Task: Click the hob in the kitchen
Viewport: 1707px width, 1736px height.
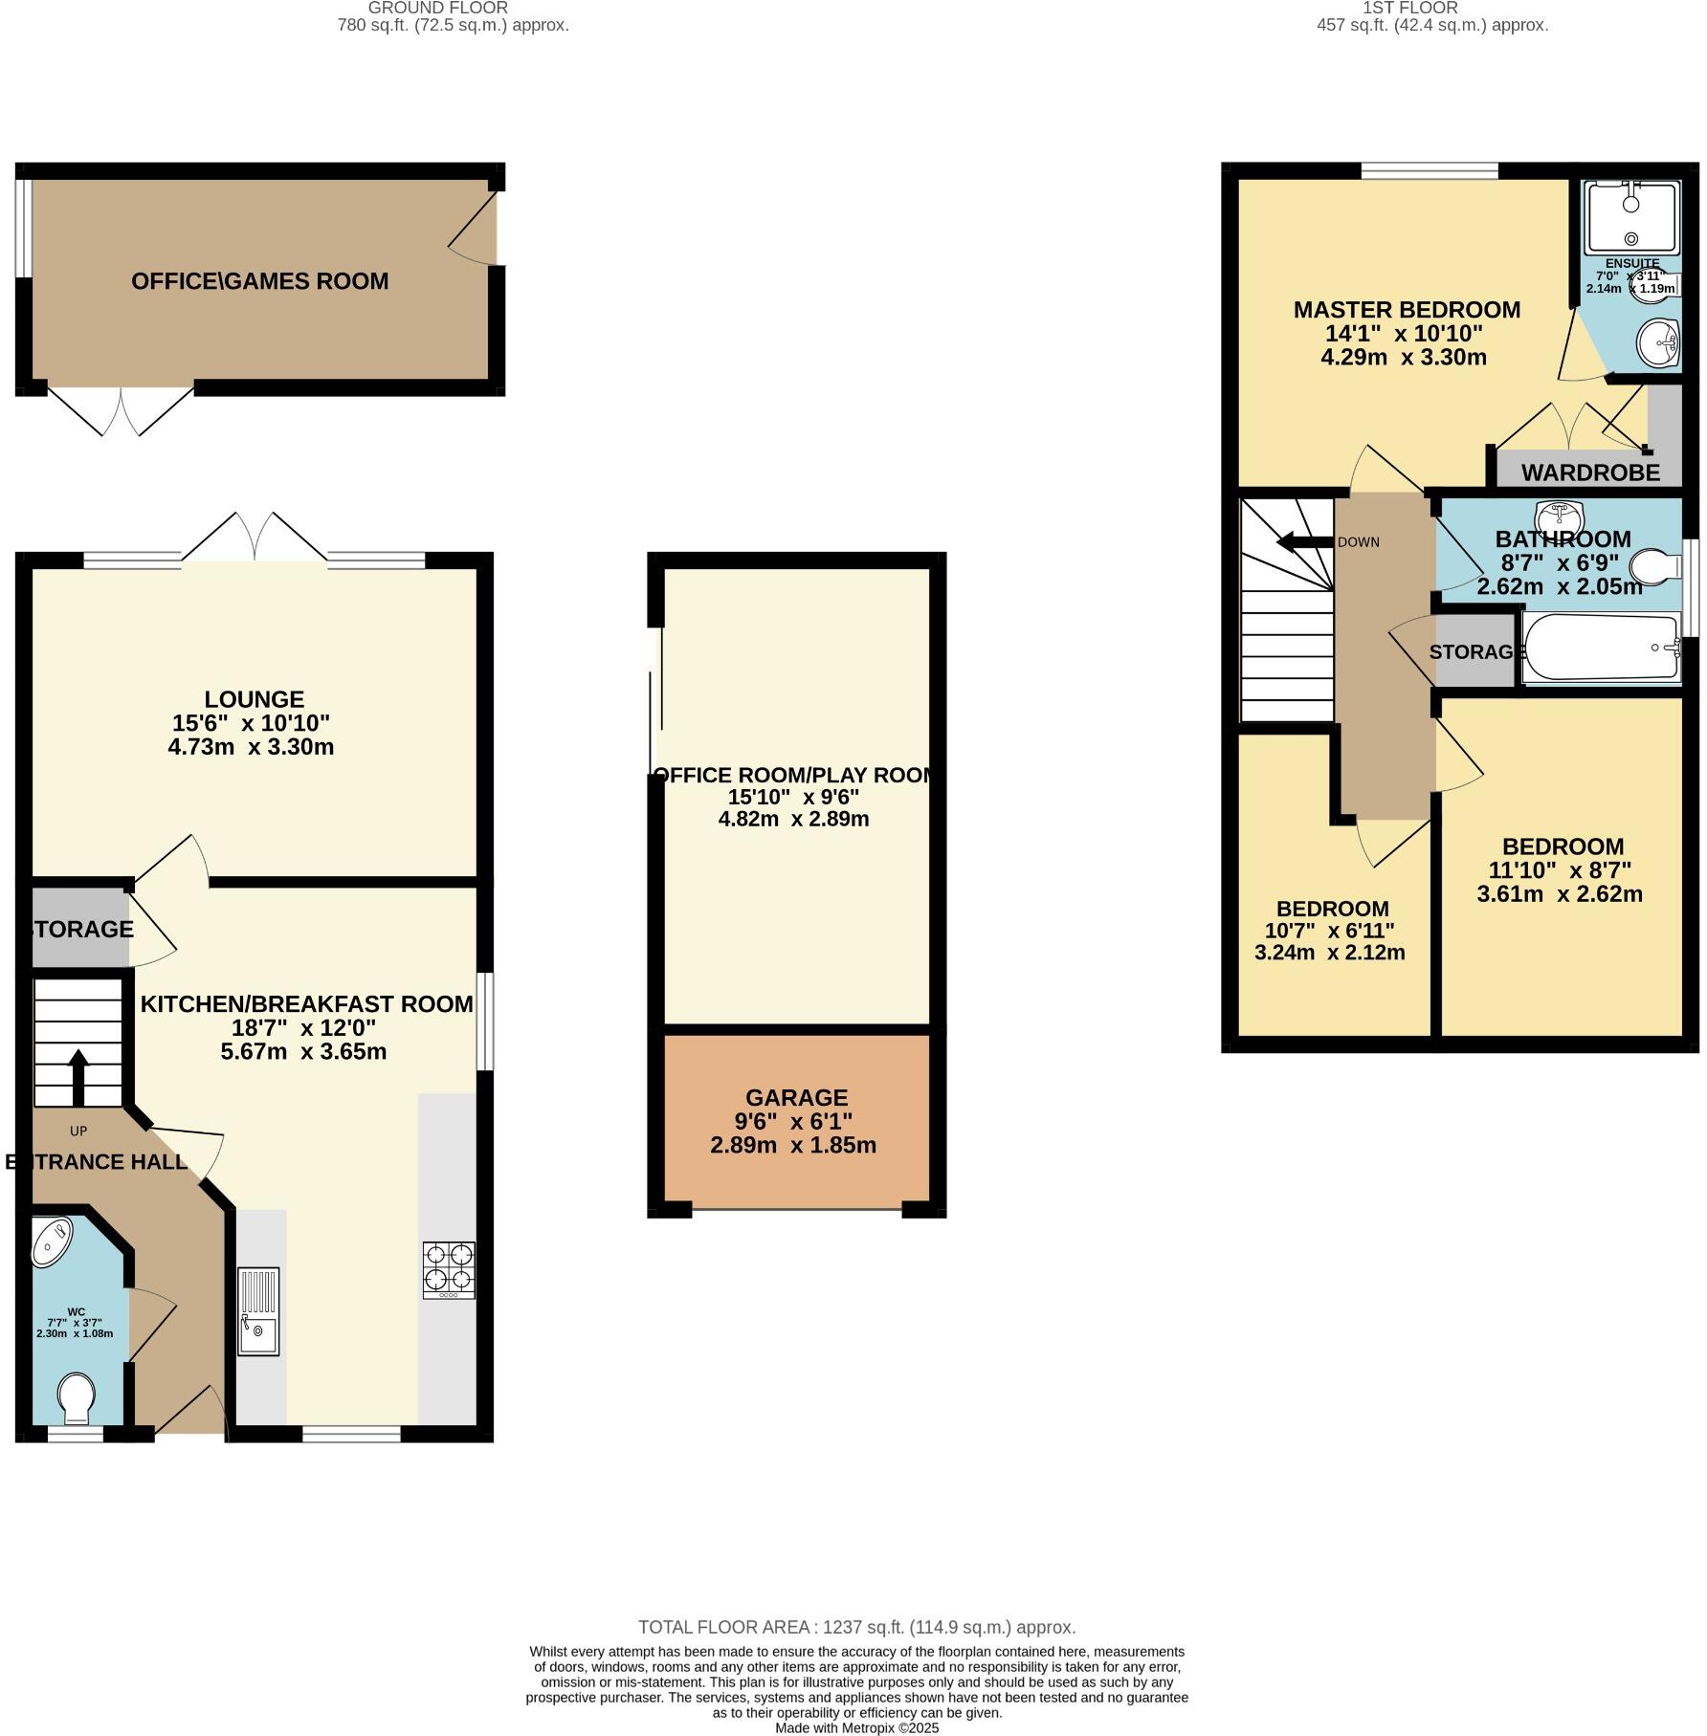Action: (449, 1268)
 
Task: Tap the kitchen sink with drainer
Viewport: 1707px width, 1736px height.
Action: (258, 1310)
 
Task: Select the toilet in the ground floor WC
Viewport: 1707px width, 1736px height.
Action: (76, 1397)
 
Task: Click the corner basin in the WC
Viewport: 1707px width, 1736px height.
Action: (52, 1241)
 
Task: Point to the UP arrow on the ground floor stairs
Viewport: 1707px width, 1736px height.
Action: (78, 1076)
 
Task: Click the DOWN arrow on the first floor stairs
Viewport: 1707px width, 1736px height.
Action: (1304, 543)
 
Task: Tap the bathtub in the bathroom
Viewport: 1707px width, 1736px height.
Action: (1601, 648)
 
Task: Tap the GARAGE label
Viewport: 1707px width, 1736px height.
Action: (796, 1097)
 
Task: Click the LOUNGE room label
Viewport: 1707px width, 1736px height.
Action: (254, 699)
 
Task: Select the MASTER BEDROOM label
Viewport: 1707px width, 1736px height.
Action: (1406, 310)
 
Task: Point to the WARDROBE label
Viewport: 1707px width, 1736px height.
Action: (1590, 472)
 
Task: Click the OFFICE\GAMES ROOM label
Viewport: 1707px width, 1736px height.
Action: (259, 281)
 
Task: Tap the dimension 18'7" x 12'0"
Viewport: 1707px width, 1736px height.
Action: (304, 1027)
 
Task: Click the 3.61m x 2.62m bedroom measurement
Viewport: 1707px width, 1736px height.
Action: (1560, 894)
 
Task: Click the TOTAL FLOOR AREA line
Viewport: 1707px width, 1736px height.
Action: (856, 1626)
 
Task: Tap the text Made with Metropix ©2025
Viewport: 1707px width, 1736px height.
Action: (856, 1727)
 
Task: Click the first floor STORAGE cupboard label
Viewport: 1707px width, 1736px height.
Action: (1475, 651)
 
